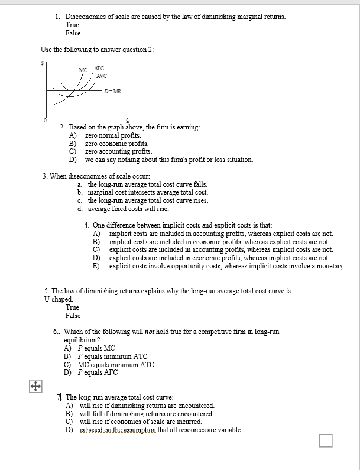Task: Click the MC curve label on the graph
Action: pyautogui.click(x=83, y=70)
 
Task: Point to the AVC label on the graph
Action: pyautogui.click(x=101, y=76)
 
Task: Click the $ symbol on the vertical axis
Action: pyautogui.click(x=42, y=63)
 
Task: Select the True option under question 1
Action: pyautogui.click(x=72, y=25)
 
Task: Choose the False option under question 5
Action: pyautogui.click(x=73, y=316)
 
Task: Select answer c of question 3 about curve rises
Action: pyautogui.click(x=148, y=200)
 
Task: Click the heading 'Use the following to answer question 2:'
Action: pyautogui.click(x=97, y=50)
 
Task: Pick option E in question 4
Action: pyautogui.click(x=225, y=266)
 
